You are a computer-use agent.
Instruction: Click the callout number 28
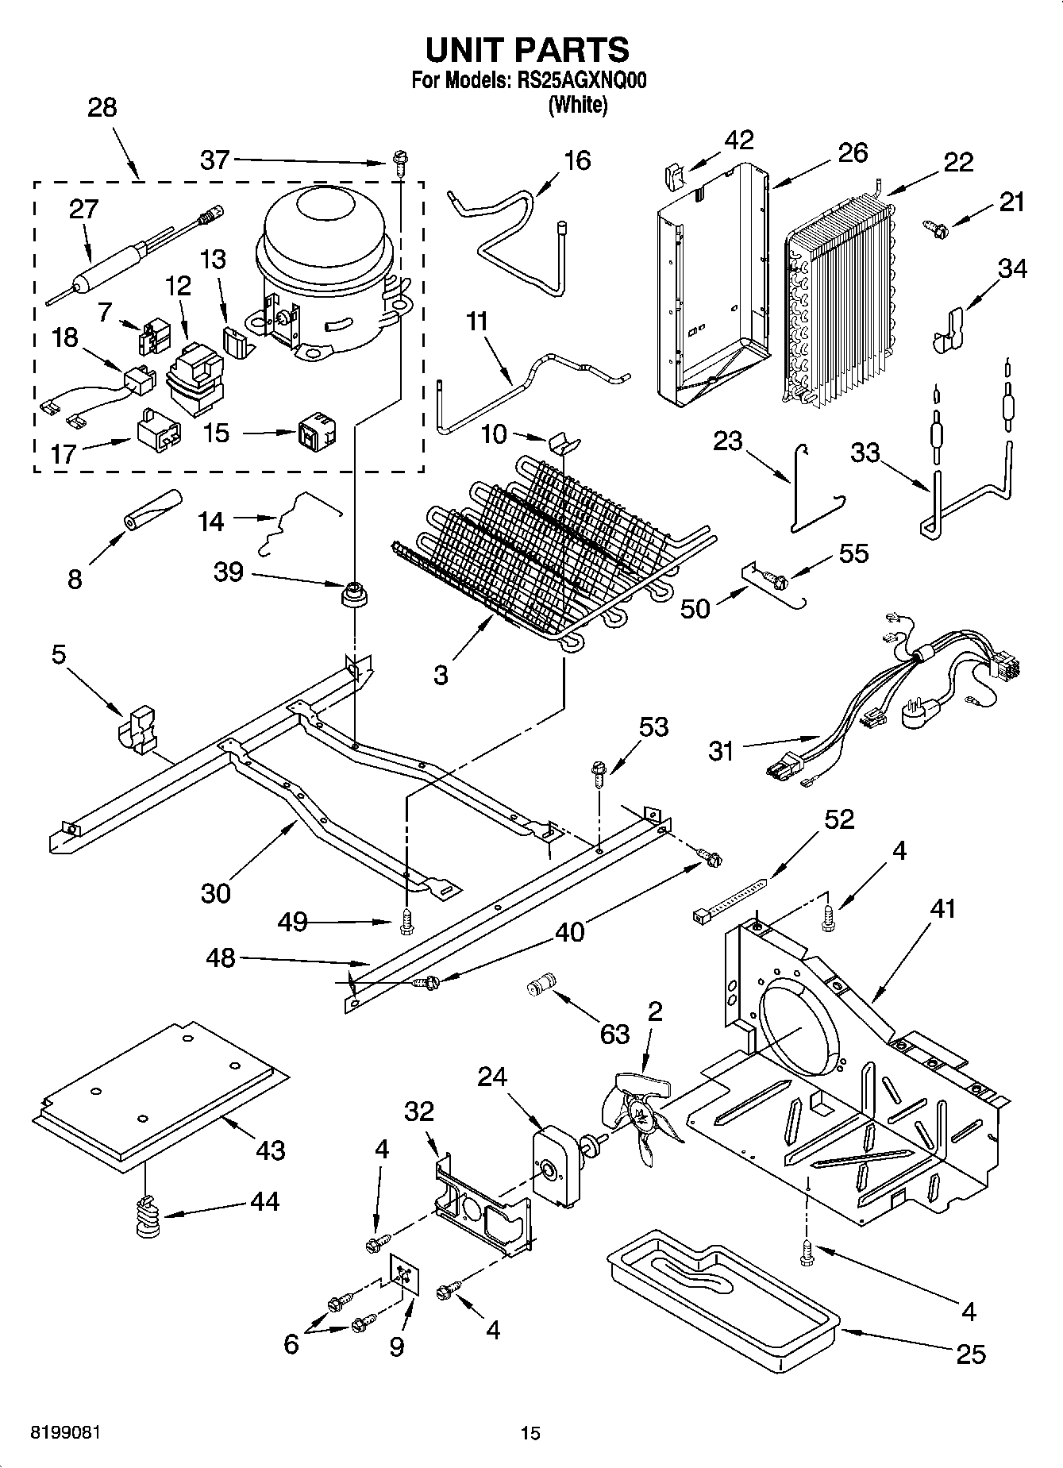pyautogui.click(x=102, y=107)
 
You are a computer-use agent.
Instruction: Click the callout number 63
pyautogui.click(x=614, y=1034)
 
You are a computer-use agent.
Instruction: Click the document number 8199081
pyautogui.click(x=66, y=1432)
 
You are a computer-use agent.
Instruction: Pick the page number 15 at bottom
pyautogui.click(x=530, y=1433)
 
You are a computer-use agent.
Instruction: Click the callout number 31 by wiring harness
pyautogui.click(x=721, y=750)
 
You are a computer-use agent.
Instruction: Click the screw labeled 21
pyautogui.click(x=936, y=228)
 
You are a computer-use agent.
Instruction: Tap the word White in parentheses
pyautogui.click(x=577, y=104)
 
